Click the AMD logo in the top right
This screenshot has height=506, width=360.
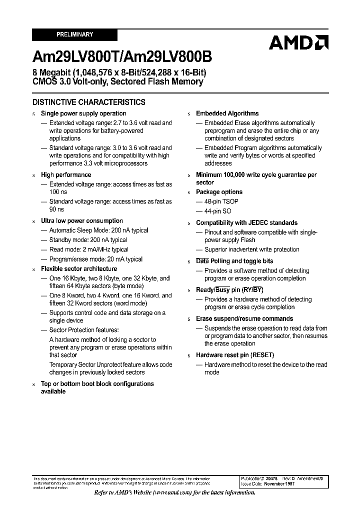pyautogui.click(x=298, y=42)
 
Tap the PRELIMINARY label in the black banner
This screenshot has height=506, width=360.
pyautogui.click(x=74, y=34)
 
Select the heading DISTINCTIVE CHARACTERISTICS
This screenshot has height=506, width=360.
pyautogui.click(x=88, y=102)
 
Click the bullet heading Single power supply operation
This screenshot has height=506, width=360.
pyautogui.click(x=83, y=113)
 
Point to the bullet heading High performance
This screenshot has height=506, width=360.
pyautogui.click(x=66, y=175)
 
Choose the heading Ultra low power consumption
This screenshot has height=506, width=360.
pyautogui.click(x=82, y=221)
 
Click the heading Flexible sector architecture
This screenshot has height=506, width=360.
pyautogui.click(x=79, y=269)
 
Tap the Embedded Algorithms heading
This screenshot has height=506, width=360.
pyautogui.click(x=227, y=113)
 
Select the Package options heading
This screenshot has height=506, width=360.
pyautogui.click(x=219, y=192)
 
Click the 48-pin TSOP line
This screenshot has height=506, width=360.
pyautogui.click(x=221, y=201)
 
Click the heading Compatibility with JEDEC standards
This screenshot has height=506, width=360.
pyautogui.click(x=246, y=223)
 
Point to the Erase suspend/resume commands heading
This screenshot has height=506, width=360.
pyautogui.click(x=244, y=319)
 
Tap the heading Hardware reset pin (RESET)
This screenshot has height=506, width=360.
pyautogui.click(x=235, y=355)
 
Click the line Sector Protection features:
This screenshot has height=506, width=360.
pyautogui.click(x=84, y=330)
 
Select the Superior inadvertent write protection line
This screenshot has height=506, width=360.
pyautogui.click(x=251, y=249)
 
